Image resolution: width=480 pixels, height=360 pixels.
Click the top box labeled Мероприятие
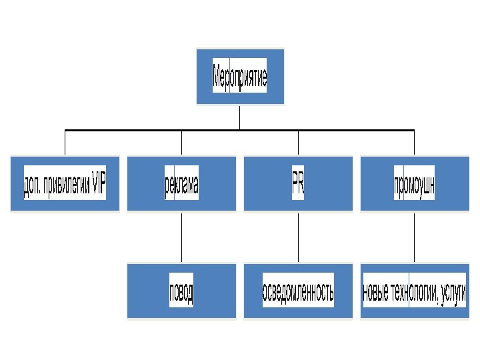240,77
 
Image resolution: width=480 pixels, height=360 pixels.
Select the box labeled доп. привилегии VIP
65,184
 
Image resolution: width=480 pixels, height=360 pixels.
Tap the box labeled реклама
181,184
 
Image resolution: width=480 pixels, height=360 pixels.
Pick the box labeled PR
298,184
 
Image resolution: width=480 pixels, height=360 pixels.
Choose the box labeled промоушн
414,184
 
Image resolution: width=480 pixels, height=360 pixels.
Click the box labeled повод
181,291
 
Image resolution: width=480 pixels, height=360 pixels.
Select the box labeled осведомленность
298,291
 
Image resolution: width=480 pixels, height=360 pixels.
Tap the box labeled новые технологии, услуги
414,291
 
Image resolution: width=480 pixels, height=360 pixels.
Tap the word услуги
453,292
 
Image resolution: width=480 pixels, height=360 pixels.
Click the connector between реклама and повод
181,237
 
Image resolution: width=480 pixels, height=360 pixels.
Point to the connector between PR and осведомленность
298,237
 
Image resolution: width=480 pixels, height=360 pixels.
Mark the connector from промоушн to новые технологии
414,237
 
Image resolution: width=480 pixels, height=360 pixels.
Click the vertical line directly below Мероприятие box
240,117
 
